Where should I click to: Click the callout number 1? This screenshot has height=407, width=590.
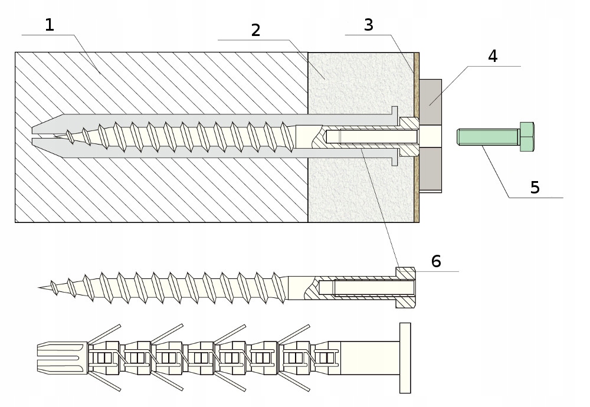click(x=50, y=25)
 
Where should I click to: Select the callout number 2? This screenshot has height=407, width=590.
click(x=255, y=30)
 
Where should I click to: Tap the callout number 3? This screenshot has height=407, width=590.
click(x=369, y=25)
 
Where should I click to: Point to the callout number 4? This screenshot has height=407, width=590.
click(x=493, y=56)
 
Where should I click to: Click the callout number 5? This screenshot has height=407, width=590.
click(x=535, y=187)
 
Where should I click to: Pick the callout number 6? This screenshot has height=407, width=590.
click(x=436, y=261)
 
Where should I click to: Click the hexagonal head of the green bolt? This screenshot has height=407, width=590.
click(x=526, y=137)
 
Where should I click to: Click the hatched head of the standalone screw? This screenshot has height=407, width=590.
click(x=406, y=288)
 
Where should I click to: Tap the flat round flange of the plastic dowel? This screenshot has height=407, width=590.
click(x=405, y=357)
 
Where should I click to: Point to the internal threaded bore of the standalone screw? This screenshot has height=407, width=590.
click(x=360, y=288)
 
